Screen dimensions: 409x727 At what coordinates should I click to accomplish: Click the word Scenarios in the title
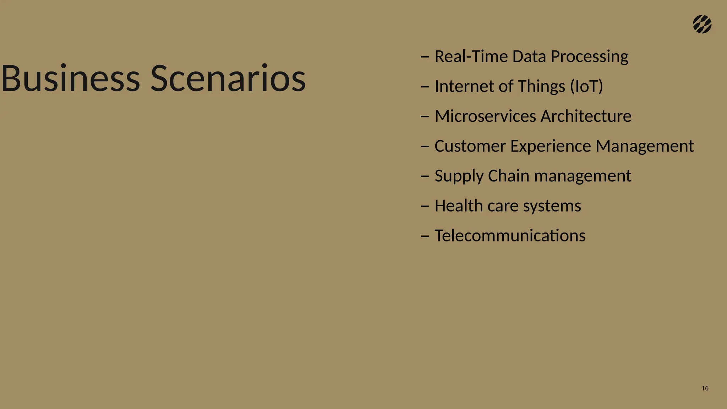pos(228,78)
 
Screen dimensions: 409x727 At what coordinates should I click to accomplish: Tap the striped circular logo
pos(702,24)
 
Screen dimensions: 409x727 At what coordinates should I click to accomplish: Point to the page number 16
pos(705,388)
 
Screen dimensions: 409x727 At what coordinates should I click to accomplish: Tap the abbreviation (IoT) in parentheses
pos(586,86)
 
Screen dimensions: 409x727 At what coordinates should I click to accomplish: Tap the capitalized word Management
pos(645,146)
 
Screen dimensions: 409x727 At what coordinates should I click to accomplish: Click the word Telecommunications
pos(510,236)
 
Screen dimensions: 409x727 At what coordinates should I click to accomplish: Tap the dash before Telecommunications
pos(425,236)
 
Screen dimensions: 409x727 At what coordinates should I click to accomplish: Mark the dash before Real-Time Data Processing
pos(425,57)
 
